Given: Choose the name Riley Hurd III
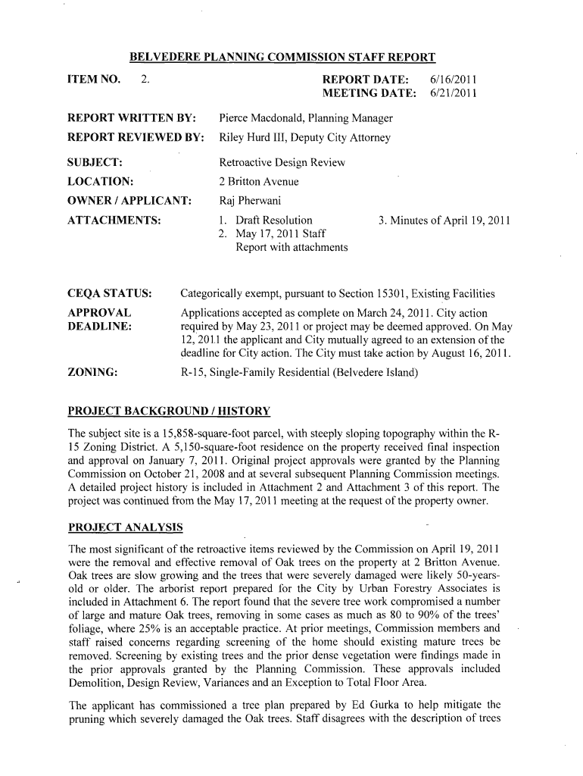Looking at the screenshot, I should [x=252, y=137].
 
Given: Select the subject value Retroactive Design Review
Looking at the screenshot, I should [x=282, y=163].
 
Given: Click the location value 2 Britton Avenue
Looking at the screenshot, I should [x=259, y=182].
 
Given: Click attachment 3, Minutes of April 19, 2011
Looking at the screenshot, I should [x=444, y=221].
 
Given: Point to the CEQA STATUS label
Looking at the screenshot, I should [x=110, y=293].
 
